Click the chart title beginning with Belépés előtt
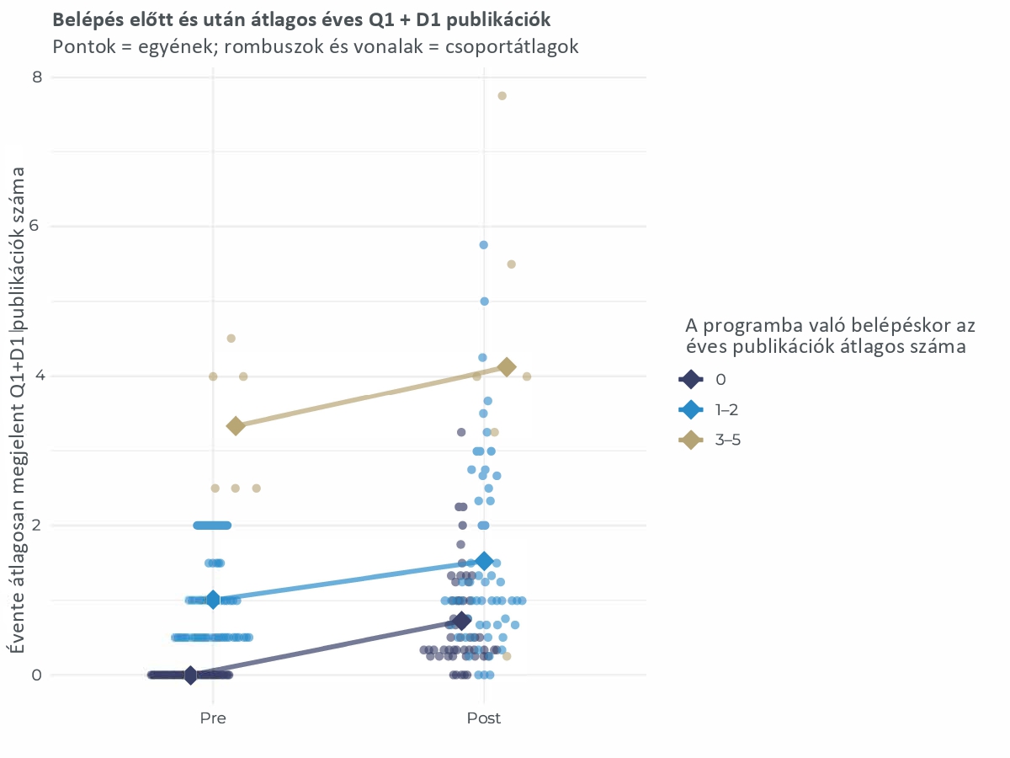click(301, 19)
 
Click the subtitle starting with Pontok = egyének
click(316, 46)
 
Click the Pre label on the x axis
click(213, 718)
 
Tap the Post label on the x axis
click(484, 718)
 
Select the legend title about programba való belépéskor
click(829, 335)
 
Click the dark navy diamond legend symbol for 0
click(690, 380)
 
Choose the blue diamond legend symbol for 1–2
click(690, 410)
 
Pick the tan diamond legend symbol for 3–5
click(690, 440)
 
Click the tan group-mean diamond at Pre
click(236, 425)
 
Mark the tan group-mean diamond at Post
click(507, 366)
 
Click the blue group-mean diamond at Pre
click(213, 600)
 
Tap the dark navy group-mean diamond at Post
click(461, 621)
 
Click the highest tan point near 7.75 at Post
click(502, 95)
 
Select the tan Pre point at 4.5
click(231, 338)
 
